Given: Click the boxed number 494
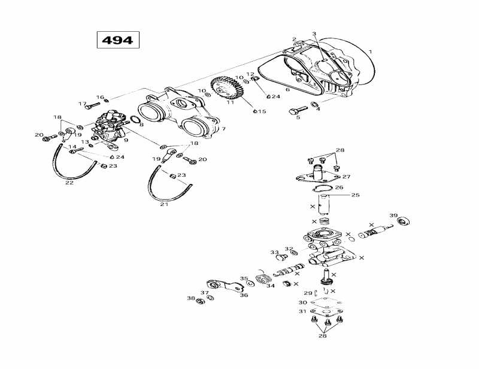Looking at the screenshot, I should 118,40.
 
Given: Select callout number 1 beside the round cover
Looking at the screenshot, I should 371,52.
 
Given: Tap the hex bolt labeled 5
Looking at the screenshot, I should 295,111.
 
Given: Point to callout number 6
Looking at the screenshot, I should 287,90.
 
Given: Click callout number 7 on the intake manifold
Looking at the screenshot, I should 223,129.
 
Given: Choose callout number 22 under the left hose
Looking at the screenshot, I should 69,183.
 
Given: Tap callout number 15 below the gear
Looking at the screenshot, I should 262,112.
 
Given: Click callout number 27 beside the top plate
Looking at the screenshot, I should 346,177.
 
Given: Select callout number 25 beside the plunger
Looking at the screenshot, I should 355,195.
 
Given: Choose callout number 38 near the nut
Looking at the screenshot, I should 190,298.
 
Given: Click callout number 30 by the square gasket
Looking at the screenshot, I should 303,303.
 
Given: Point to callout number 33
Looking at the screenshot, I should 274,252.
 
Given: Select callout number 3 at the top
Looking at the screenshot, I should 314,34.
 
